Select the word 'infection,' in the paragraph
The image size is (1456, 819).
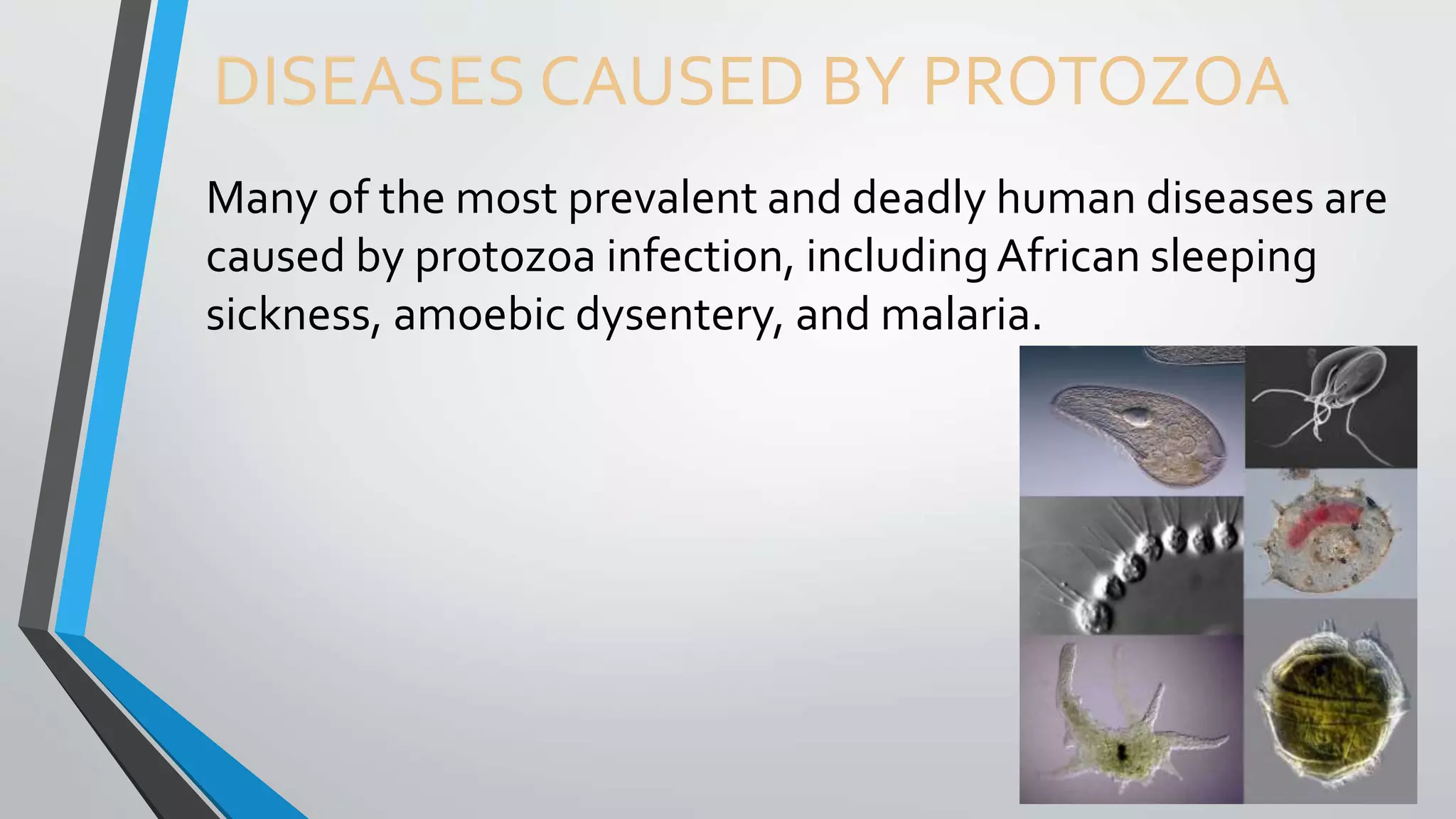coord(700,257)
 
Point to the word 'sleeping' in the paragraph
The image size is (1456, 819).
coord(1233,258)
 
